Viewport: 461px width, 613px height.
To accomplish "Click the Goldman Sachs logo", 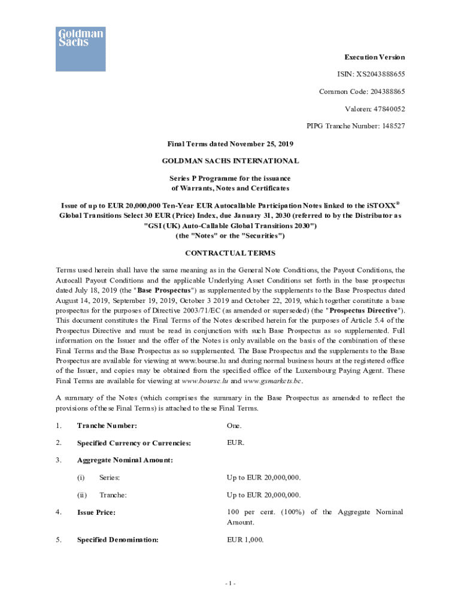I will pyautogui.click(x=81, y=48).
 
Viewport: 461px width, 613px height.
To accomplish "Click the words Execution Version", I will pyautogui.click(x=374, y=57).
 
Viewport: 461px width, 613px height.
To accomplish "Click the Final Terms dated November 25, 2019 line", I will pyautogui.click(x=230, y=144).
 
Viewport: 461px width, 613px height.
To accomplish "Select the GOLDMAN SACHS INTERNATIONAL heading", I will pyautogui.click(x=230, y=161).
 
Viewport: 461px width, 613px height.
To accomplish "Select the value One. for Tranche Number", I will pyautogui.click(x=234, y=426).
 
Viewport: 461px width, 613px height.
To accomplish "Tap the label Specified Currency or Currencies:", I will pyautogui.click(x=134, y=443).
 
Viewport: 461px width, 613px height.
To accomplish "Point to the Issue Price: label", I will pyautogui.click(x=96, y=512).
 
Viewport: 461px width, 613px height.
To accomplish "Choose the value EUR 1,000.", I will pyautogui.click(x=245, y=539).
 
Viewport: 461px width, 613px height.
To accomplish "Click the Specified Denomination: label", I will pyautogui.click(x=117, y=539).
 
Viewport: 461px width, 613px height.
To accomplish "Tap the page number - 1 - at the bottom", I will pyautogui.click(x=230, y=584).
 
